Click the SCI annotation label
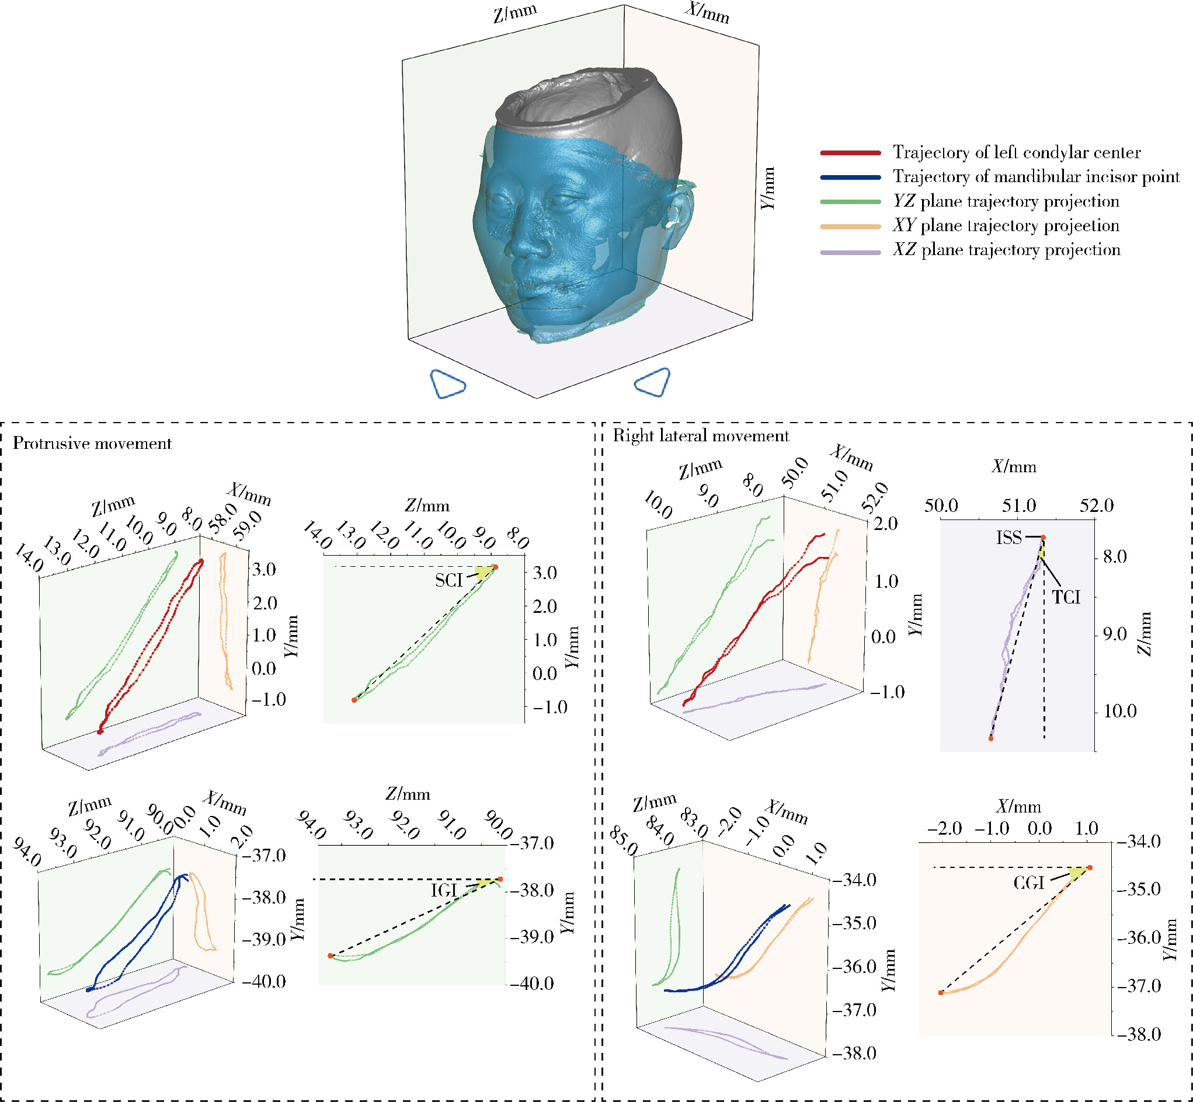pos(448,580)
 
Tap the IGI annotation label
pos(444,891)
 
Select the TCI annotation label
pos(1066,597)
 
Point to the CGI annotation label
pos(1029,883)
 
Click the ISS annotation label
pos(1008,538)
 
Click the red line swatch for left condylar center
pos(850,154)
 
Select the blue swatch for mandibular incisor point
pos(850,177)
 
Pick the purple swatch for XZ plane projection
pos(850,252)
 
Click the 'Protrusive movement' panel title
pos(92,444)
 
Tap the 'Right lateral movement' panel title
pos(701,436)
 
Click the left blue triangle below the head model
pos(447,383)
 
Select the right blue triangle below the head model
pos(653,382)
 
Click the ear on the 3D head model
pos(680,215)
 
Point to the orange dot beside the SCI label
pos(495,567)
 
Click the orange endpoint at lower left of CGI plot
pos(941,993)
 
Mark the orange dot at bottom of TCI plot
pos(991,739)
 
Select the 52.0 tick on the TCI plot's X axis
pos(1097,505)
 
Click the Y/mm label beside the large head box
pos(768,189)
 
